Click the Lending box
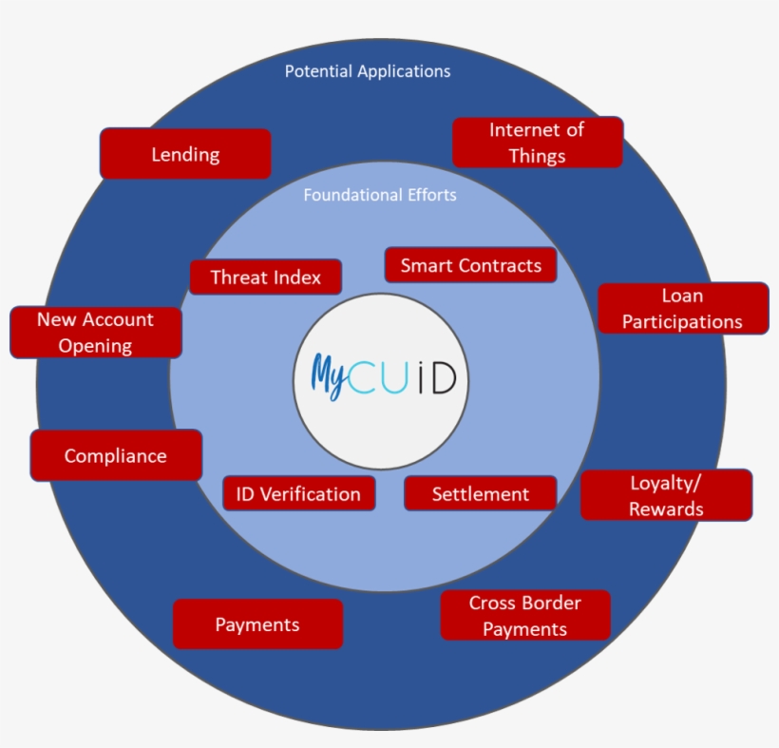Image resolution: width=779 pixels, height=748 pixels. coord(185,154)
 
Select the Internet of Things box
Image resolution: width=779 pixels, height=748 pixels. coord(537,143)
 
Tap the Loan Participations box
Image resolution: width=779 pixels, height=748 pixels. coord(682,309)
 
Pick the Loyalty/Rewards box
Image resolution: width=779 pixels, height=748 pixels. coord(666,495)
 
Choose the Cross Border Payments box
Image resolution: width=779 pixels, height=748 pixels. coord(524,616)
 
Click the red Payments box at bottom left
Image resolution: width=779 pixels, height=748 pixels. coord(257,624)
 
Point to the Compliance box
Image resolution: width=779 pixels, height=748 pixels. coord(116,456)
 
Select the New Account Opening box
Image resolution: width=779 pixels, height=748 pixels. coord(95,332)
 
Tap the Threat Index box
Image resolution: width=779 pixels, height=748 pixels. coord(265,278)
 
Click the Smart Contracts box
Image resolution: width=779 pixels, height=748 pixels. coord(470,265)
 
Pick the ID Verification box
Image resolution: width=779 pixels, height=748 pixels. coord(298,494)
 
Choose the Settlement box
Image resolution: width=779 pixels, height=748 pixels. coord(480,494)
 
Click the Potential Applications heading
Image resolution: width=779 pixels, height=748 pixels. coord(368,71)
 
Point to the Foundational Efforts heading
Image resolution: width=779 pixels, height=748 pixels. coord(380,195)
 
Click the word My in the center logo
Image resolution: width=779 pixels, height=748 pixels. coord(330,375)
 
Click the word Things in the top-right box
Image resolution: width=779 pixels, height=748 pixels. coord(538,156)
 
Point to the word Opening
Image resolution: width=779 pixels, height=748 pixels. coord(95,345)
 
